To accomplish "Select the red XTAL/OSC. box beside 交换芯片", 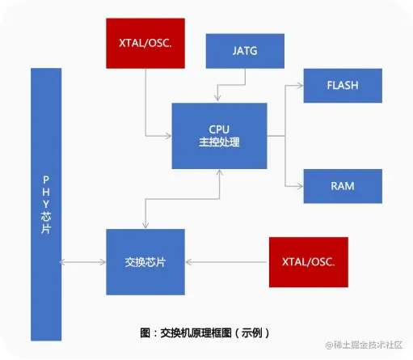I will pos(309,262).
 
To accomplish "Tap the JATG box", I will pos(245,50).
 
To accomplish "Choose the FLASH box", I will pos(342,85).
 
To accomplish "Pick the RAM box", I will pos(342,186).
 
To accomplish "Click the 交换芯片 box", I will pos(145,262).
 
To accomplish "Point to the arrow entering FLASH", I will pos(297,85).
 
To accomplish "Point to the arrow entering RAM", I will pos(297,186).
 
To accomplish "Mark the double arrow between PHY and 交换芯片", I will pos(83,262).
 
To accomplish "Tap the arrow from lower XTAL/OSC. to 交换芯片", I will pos(226,262).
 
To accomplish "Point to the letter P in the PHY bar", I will pos(45,178).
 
